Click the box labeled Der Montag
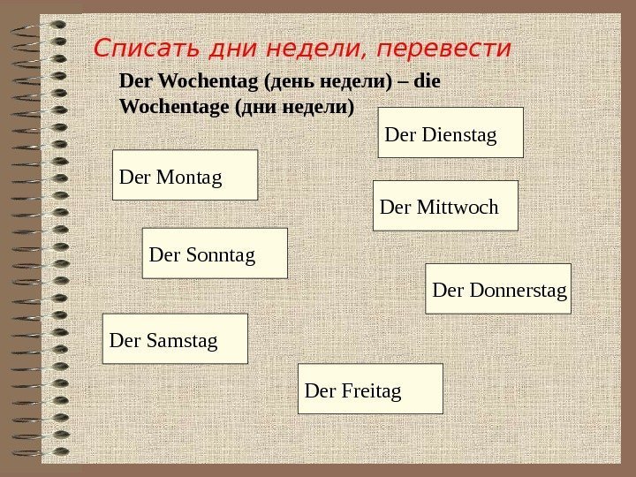pyautogui.click(x=185, y=175)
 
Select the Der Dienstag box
pyautogui.click(x=450, y=132)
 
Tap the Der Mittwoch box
pyautogui.click(x=445, y=206)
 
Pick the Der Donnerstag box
pyautogui.click(x=498, y=289)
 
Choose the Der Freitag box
pyautogui.click(x=370, y=389)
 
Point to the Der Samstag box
pyautogui.click(x=175, y=338)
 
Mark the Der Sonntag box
pyautogui.click(x=215, y=254)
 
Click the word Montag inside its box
pyautogui.click(x=189, y=177)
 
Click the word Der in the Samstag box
pyautogui.click(x=122, y=339)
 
